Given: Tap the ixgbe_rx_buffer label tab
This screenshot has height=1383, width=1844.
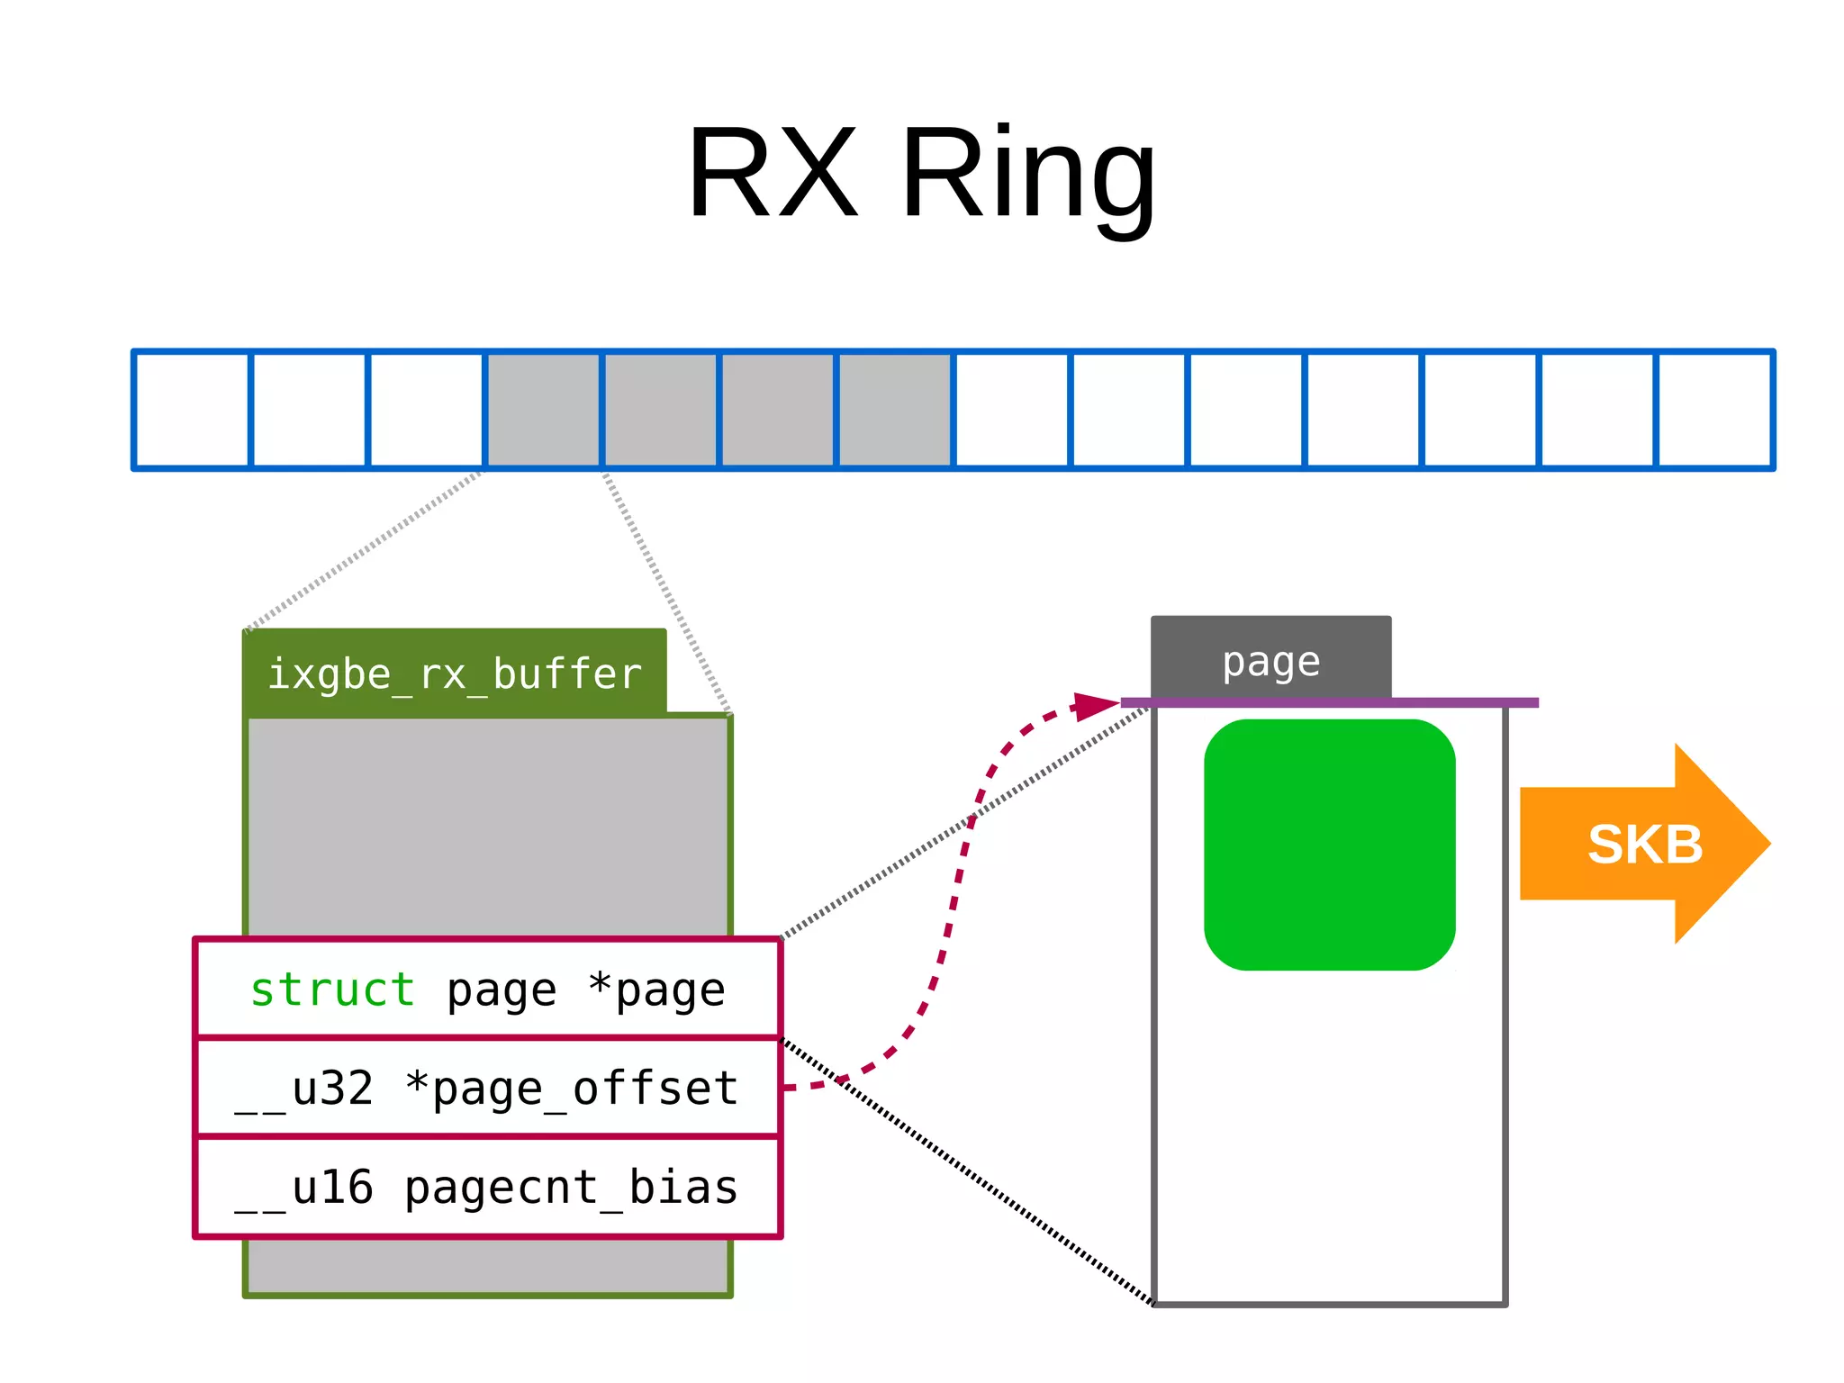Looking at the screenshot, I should (455, 673).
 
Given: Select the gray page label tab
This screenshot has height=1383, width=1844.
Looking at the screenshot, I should (1270, 660).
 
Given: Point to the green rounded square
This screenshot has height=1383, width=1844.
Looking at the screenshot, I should (1329, 845).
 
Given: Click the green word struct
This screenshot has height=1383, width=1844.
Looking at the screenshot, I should (332, 990).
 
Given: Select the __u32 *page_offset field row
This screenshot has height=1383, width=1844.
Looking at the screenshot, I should (487, 1088).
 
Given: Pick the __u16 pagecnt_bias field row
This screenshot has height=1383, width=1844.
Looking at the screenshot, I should (487, 1187).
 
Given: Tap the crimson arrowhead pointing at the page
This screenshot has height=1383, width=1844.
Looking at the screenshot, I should (1097, 705).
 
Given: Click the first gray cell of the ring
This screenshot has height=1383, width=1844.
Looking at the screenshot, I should (544, 410).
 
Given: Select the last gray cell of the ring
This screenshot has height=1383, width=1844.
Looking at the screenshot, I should (895, 410).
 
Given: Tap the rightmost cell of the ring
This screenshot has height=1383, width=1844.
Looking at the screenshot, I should (1714, 410).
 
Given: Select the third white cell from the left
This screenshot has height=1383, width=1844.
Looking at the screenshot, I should (427, 410).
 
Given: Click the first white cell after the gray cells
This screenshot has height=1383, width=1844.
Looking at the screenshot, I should (1012, 410).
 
